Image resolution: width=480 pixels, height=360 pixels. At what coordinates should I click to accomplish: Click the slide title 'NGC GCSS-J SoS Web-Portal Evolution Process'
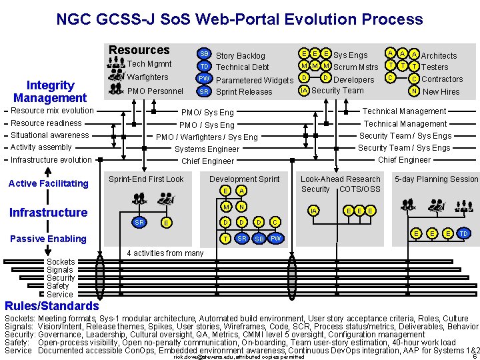coord(239,19)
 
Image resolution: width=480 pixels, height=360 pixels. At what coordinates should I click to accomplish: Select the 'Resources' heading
coord(139,50)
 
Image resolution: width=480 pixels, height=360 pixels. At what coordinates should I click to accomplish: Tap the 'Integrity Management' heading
coord(50,91)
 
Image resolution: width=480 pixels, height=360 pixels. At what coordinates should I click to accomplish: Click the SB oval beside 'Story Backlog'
coord(205,53)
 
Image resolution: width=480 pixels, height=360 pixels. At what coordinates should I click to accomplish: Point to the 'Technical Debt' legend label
coord(242,67)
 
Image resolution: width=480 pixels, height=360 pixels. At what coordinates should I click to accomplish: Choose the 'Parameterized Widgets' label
coord(255,81)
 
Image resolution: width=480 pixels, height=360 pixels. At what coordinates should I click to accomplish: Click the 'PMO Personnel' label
coord(155,91)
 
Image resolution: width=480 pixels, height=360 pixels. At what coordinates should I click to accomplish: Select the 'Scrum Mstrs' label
coord(355,67)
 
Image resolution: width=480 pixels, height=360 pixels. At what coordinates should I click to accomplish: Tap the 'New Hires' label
coord(441,91)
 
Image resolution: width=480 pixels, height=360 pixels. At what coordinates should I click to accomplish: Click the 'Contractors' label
coord(442,79)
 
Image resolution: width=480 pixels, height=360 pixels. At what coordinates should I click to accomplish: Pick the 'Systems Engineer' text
coord(207,149)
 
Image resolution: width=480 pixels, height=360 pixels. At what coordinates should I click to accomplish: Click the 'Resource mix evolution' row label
coord(52,111)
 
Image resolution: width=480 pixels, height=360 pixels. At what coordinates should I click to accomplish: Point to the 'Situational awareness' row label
coord(50,135)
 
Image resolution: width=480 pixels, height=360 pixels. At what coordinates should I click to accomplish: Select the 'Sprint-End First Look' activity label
coord(146,179)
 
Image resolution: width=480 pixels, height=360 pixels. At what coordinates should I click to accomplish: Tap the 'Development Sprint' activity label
coord(245,179)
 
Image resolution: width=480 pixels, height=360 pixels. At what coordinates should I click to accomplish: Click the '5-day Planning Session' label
coord(437,179)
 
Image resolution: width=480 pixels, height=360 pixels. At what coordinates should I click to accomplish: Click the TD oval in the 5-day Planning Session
coord(464,234)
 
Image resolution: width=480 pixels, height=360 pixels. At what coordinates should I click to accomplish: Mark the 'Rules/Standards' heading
coord(51,306)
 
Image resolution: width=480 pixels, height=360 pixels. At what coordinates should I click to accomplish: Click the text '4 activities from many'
coord(165,253)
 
